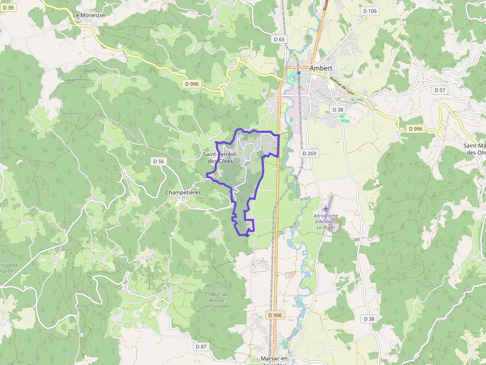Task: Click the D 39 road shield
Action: click(x=7, y=8)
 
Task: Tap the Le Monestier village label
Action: click(x=90, y=15)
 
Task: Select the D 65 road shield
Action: click(x=279, y=39)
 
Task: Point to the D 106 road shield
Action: click(x=370, y=11)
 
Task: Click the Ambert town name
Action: click(x=320, y=68)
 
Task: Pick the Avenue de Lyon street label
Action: click(x=343, y=84)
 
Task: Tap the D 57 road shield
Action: click(x=439, y=90)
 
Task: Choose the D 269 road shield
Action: click(x=309, y=154)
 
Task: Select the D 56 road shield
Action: click(x=158, y=161)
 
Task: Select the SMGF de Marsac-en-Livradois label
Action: click(x=218, y=300)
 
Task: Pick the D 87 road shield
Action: click(x=201, y=347)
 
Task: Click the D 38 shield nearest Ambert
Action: click(x=338, y=109)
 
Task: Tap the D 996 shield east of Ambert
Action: click(x=416, y=129)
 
